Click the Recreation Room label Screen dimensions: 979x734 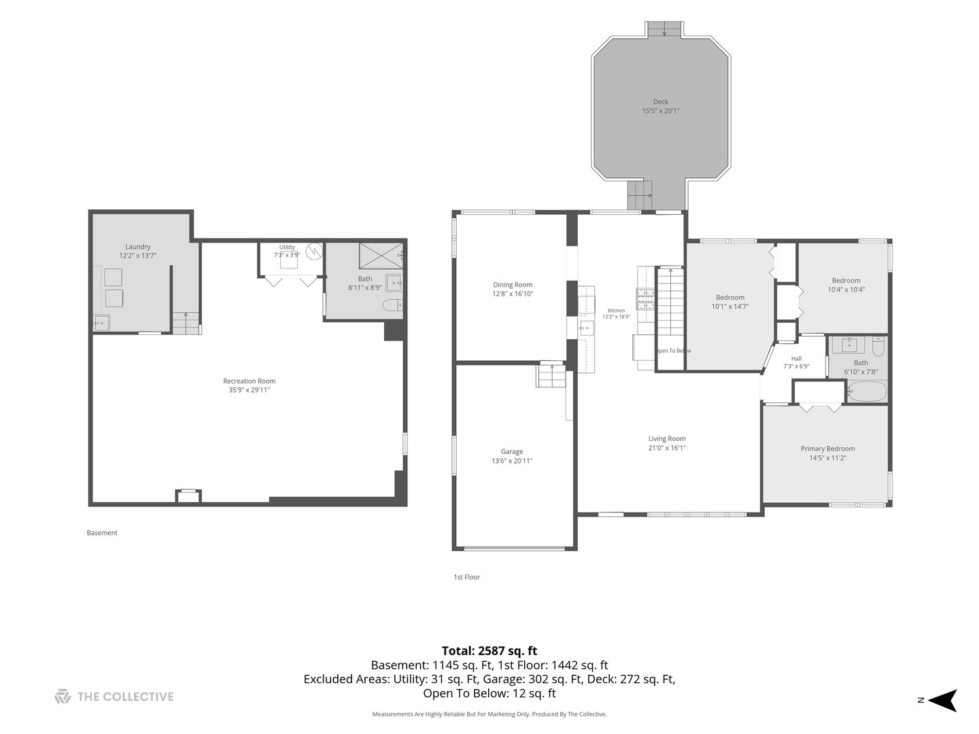(x=249, y=381)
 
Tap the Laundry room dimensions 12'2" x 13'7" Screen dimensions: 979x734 (x=137, y=256)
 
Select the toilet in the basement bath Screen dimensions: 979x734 (x=392, y=305)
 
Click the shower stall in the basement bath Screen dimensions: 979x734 (x=381, y=256)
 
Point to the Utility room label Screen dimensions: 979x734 (x=287, y=247)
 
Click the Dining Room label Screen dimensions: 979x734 (x=513, y=285)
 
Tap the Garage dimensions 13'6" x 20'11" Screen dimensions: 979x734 (x=512, y=461)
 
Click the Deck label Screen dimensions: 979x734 (x=661, y=102)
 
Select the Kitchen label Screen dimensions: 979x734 (x=616, y=311)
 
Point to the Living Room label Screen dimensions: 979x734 (x=667, y=438)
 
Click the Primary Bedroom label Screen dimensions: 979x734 (x=827, y=449)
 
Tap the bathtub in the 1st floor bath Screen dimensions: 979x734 (x=868, y=391)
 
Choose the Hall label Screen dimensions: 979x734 (x=796, y=359)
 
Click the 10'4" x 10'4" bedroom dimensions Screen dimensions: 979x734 (x=846, y=290)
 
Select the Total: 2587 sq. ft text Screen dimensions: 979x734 (x=489, y=651)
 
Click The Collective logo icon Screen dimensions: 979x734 (x=63, y=697)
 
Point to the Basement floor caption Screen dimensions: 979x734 (x=102, y=533)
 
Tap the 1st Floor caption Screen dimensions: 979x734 (x=466, y=577)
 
